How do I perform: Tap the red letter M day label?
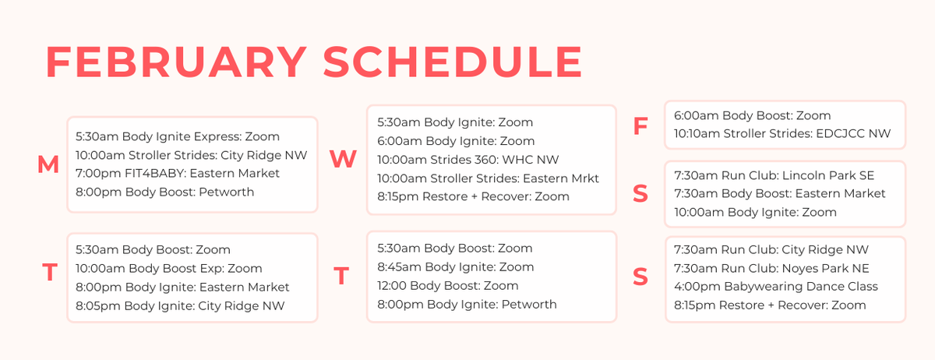[48, 164]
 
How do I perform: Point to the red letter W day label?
[343, 159]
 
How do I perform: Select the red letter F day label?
[640, 126]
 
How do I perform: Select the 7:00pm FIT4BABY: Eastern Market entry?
[178, 173]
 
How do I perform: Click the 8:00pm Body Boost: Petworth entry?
[164, 192]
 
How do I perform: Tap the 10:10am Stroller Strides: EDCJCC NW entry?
[782, 134]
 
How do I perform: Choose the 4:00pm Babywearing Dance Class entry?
[776, 287]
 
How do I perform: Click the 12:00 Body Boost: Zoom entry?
[448, 286]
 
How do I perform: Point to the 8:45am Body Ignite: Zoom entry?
[456, 267]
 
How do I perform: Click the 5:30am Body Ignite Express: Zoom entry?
[178, 136]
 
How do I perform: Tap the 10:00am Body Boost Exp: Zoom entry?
[169, 269]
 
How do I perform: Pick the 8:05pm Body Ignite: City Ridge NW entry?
[180, 306]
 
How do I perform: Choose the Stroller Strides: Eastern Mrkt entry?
[489, 178]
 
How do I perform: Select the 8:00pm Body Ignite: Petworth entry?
[467, 305]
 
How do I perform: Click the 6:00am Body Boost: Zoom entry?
[753, 115]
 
